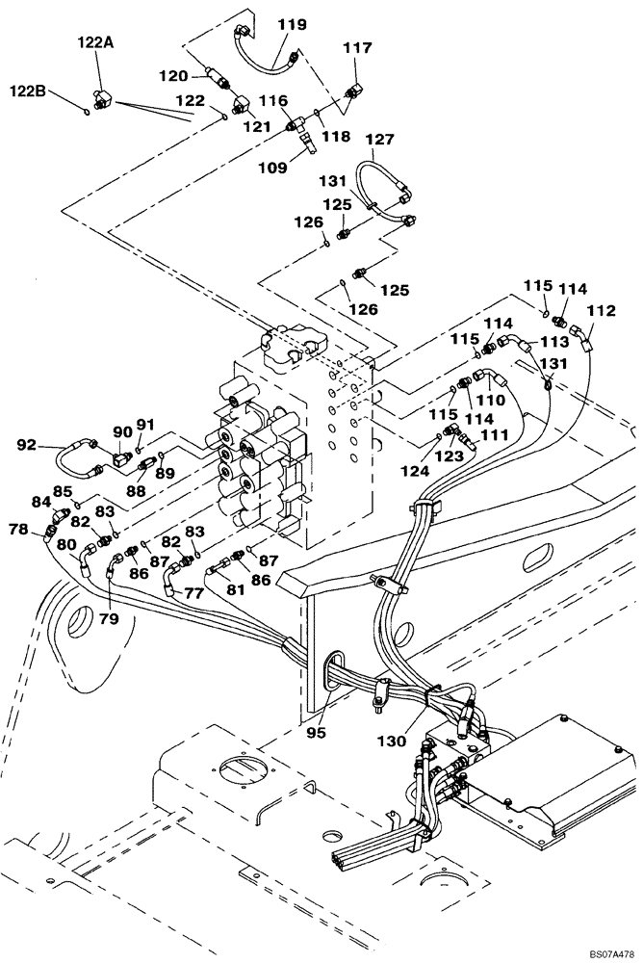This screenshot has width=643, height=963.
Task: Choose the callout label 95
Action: point(318,732)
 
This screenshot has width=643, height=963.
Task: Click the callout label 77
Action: point(194,593)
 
